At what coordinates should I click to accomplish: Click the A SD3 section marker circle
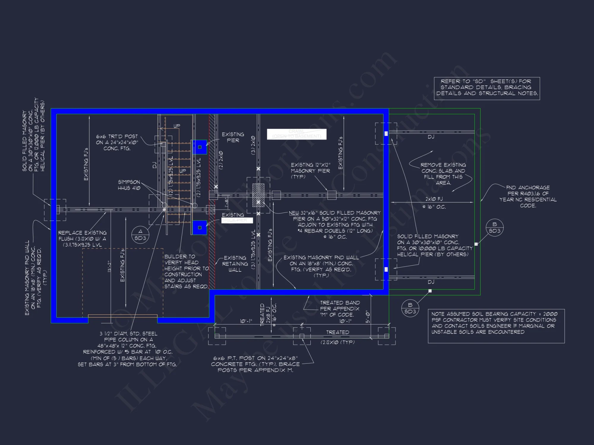click(140, 235)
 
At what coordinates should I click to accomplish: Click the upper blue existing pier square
click(200, 147)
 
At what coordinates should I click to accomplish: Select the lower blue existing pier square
click(200, 228)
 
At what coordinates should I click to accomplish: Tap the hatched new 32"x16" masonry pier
click(258, 195)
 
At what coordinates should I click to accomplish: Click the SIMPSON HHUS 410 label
click(129, 185)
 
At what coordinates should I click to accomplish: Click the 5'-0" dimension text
click(368, 317)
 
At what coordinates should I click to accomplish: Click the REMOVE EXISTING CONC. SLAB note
click(443, 174)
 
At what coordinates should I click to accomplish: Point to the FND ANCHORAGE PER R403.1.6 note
click(528, 196)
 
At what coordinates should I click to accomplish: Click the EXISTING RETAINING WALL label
click(235, 264)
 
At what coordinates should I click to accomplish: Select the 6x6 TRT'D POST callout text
click(117, 142)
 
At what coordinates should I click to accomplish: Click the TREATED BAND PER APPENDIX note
click(339, 309)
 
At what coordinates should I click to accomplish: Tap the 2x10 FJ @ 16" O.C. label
click(434, 203)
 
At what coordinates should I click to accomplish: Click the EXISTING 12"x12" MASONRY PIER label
click(310, 171)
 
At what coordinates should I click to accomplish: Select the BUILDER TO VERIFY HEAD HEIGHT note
click(186, 271)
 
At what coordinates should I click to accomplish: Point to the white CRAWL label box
click(296, 134)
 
